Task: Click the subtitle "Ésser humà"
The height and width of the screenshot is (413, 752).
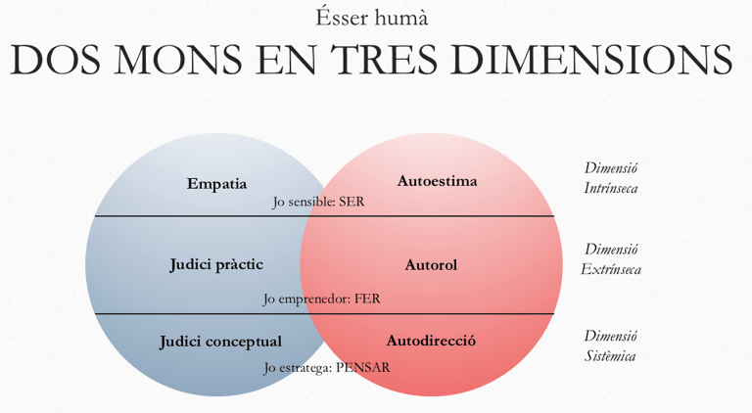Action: [x=371, y=18]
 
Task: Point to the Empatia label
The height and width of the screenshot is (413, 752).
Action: [x=216, y=183]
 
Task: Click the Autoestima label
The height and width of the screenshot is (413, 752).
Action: [x=437, y=181]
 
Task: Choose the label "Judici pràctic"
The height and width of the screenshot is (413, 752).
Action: [x=215, y=264]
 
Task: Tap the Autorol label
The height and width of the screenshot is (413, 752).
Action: [x=431, y=264]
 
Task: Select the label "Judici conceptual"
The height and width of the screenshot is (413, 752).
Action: [x=220, y=342]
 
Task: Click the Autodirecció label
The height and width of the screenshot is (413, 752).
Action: [x=431, y=341]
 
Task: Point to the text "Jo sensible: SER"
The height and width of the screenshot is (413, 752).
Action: [x=318, y=202]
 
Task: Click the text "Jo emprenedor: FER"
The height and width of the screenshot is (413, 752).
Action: [x=321, y=298]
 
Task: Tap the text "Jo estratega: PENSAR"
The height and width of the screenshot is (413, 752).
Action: [x=326, y=367]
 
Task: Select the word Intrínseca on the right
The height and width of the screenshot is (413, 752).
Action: [x=611, y=188]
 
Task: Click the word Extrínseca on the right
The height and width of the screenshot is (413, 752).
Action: [x=611, y=269]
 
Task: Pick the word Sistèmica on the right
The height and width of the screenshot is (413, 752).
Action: [x=610, y=355]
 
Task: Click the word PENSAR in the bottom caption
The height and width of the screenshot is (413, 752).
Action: [x=362, y=367]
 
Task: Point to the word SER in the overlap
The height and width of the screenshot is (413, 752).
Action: [x=351, y=202]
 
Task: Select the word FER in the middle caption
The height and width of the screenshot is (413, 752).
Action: [x=367, y=298]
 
